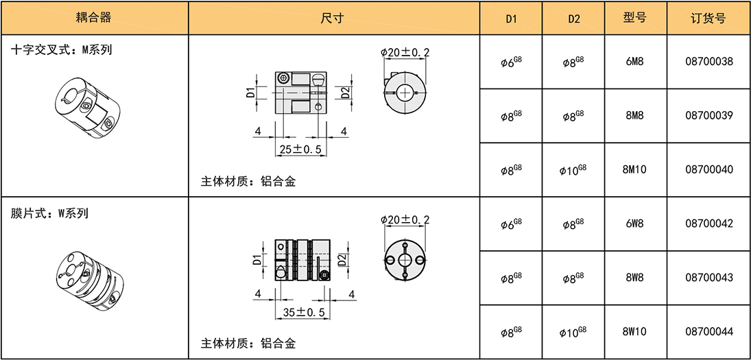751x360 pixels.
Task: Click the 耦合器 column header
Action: click(93, 19)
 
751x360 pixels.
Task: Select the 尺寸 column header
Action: click(334, 19)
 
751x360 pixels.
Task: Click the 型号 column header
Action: click(635, 19)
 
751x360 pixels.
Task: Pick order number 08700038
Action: click(709, 62)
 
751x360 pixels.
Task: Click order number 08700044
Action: click(709, 331)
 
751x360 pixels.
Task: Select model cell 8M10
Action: click(635, 169)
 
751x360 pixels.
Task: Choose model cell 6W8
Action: click(635, 223)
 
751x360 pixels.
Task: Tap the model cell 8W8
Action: click(635, 277)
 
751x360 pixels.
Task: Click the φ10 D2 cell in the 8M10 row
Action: click(573, 169)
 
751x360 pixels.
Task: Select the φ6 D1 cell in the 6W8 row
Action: click(511, 223)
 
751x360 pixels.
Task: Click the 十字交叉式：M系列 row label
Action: click(61, 50)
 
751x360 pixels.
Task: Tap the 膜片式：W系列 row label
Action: click(49, 213)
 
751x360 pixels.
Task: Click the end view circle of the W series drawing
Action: click(405, 259)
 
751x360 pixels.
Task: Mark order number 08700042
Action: click(709, 223)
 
